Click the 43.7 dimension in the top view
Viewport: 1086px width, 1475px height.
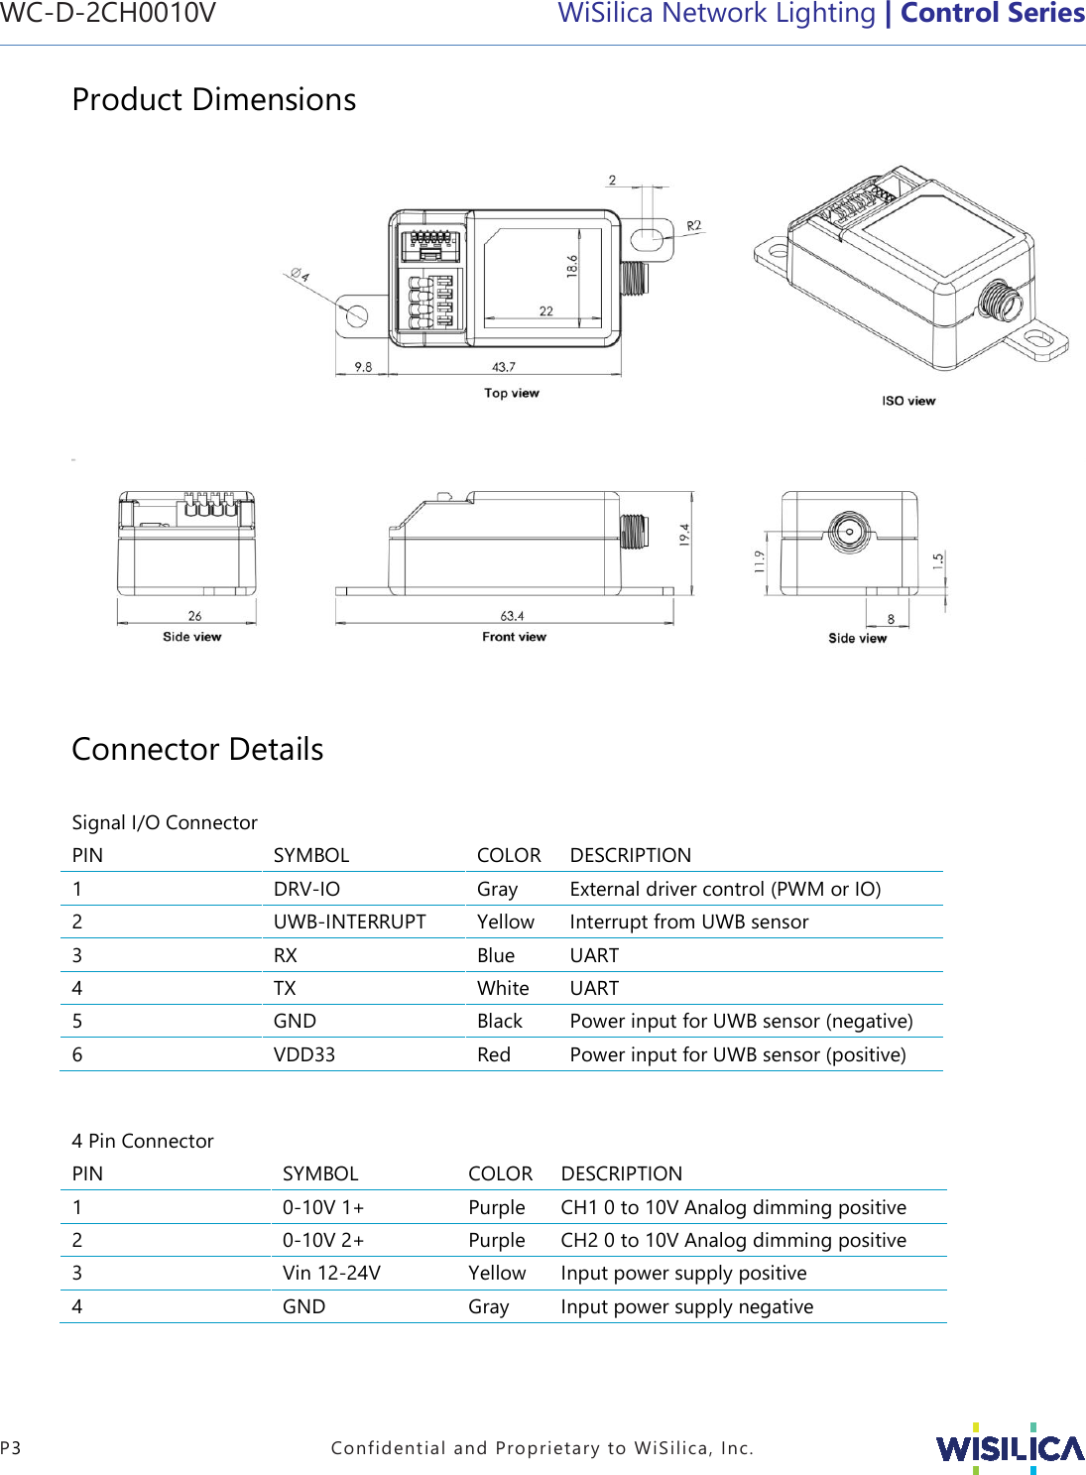[504, 367]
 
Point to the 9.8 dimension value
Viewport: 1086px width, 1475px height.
[363, 367]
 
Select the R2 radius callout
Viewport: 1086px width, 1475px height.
[693, 226]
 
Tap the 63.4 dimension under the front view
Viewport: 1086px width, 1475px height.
[512, 616]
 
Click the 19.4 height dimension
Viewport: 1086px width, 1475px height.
[684, 535]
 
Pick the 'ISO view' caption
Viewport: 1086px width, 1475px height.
[908, 401]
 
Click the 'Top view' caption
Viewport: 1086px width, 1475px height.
[511, 393]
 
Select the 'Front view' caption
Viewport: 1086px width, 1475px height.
[514, 637]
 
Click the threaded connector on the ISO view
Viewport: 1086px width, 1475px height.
[998, 300]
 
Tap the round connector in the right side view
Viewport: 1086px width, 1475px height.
[849, 531]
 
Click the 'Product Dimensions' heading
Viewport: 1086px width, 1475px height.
[214, 100]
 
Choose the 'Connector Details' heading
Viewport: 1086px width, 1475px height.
[197, 749]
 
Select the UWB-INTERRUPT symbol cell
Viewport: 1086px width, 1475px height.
[349, 922]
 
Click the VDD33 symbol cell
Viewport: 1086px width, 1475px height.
[303, 1054]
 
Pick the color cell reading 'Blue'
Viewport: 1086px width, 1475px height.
[495, 955]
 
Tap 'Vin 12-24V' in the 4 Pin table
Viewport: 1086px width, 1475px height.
[331, 1273]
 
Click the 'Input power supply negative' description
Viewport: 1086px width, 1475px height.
[686, 1306]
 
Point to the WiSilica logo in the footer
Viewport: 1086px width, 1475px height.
[1010, 1448]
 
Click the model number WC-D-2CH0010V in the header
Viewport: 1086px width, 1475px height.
[108, 13]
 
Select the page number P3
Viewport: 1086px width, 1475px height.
[11, 1448]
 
